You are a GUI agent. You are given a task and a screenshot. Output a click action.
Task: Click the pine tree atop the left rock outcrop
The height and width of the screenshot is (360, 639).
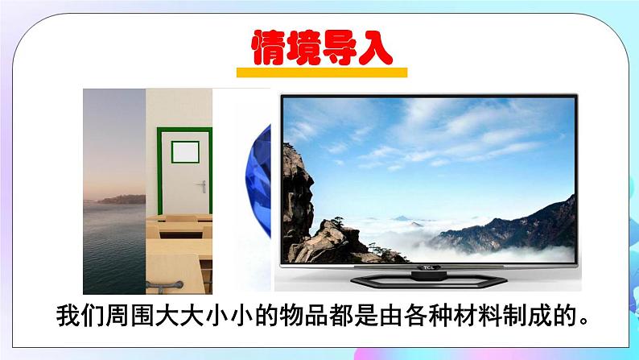294,153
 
